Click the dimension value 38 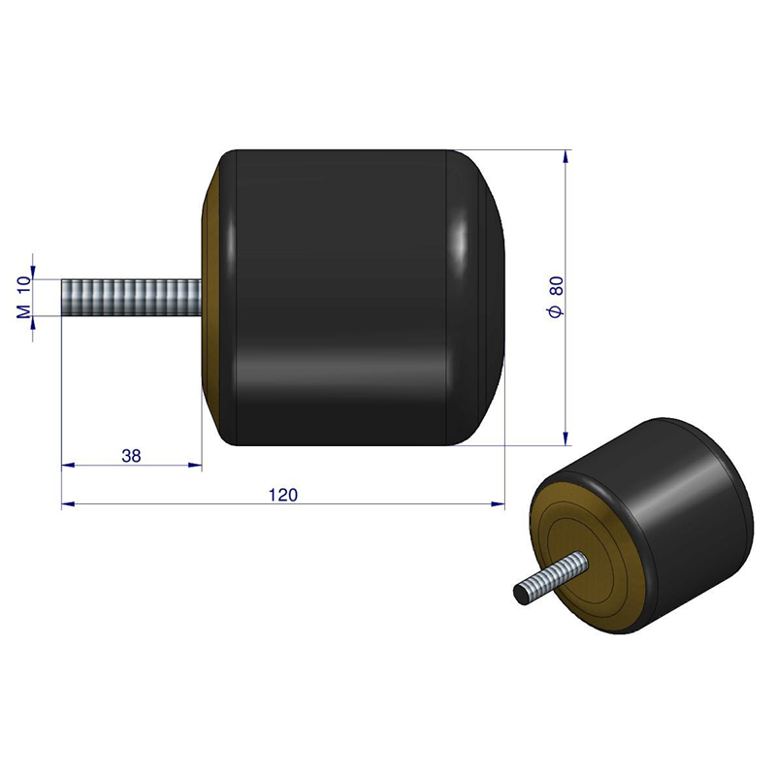131,456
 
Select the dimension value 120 283,495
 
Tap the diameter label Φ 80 557,297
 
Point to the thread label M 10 24,297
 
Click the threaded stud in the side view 132,297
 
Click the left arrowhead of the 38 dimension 68,466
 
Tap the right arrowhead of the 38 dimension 196,466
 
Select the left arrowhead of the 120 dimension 68,503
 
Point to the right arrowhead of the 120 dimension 499,503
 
